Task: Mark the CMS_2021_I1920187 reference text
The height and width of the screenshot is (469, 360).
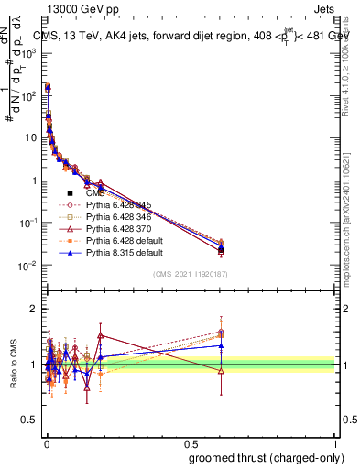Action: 191,273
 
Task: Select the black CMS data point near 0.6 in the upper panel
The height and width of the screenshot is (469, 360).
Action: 221,249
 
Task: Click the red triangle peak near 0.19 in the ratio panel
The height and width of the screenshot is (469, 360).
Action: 101,335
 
